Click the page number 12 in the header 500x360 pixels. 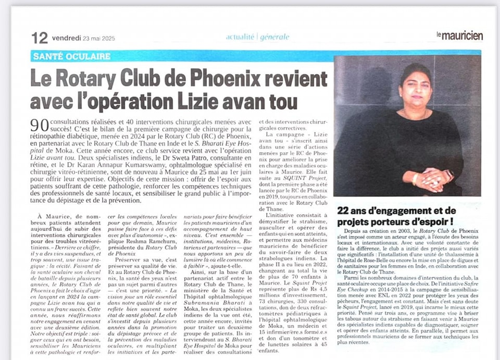[40, 38]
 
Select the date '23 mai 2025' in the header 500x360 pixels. [98, 38]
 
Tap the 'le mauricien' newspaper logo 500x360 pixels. [459, 36]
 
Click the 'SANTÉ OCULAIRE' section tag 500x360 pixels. [71, 56]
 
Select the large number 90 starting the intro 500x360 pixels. [39, 125]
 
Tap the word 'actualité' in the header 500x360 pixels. [240, 37]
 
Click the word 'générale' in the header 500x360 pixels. [275, 37]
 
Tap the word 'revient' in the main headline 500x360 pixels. [294, 78]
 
